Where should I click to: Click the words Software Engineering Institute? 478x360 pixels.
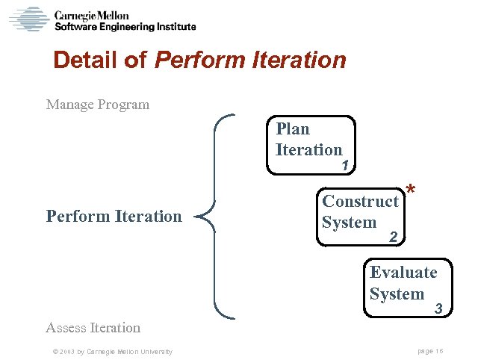125,27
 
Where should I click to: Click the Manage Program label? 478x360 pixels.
97,105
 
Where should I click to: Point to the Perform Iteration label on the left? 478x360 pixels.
114,217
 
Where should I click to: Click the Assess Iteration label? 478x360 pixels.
93,327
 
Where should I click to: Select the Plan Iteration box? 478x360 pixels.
313,144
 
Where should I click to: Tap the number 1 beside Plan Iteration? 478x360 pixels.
345,166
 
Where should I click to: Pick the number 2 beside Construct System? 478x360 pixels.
394,238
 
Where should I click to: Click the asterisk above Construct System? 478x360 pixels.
411,191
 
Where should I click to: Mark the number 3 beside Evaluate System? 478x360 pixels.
439,308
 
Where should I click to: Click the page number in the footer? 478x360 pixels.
431,352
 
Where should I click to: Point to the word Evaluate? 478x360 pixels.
403,272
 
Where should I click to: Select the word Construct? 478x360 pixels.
360,202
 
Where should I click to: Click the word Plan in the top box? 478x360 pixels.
293,129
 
